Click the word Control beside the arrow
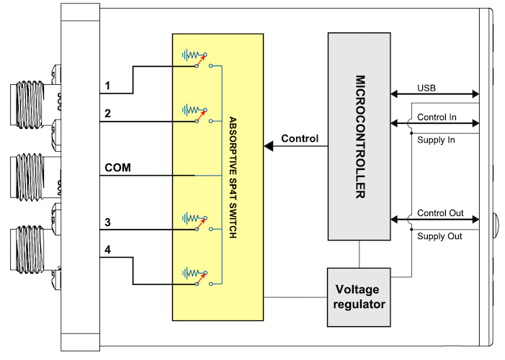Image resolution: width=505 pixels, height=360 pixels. coord(300,138)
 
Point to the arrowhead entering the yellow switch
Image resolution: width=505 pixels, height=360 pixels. coord(269,147)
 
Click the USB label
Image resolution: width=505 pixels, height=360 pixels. coord(426,88)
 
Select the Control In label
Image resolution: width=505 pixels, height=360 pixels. coord(436,115)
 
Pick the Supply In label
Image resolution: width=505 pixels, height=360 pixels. coord(436,140)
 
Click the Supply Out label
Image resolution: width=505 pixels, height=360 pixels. coord(439,237)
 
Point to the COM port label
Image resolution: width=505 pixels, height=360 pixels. coord(117,168)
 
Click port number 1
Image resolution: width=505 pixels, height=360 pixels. coord(107,86)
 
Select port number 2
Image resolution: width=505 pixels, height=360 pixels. coord(107,114)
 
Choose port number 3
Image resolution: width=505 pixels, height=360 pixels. coord(107,222)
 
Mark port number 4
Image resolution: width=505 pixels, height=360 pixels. coord(107,250)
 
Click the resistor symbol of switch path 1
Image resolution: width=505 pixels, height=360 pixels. coord(190,55)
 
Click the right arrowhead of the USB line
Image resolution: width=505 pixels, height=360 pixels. coord(475,94)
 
